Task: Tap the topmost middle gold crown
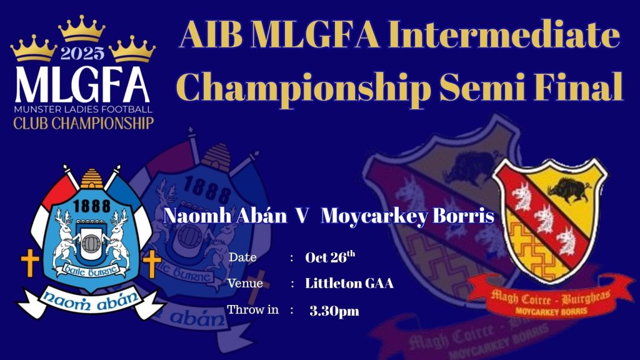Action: pyautogui.click(x=82, y=29)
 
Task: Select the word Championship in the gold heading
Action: pyautogui.click(x=304, y=86)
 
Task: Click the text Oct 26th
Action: pyautogui.click(x=330, y=257)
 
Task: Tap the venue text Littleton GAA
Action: pyautogui.click(x=349, y=283)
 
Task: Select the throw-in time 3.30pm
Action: pyautogui.click(x=334, y=311)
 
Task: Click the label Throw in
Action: pyautogui.click(x=253, y=309)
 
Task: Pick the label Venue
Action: pyautogui.click(x=245, y=283)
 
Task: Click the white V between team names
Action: pyautogui.click(x=302, y=216)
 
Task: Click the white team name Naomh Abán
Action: pyautogui.click(x=225, y=216)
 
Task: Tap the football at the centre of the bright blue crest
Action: pyautogui.click(x=91, y=244)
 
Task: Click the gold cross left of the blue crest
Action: pyautogui.click(x=30, y=263)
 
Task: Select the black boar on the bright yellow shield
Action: pyautogui.click(x=569, y=190)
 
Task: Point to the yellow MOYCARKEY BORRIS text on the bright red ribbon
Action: pyautogui.click(x=551, y=311)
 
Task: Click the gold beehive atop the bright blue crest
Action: pyautogui.click(x=92, y=179)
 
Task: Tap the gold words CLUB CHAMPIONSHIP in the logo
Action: pyautogui.click(x=83, y=123)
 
